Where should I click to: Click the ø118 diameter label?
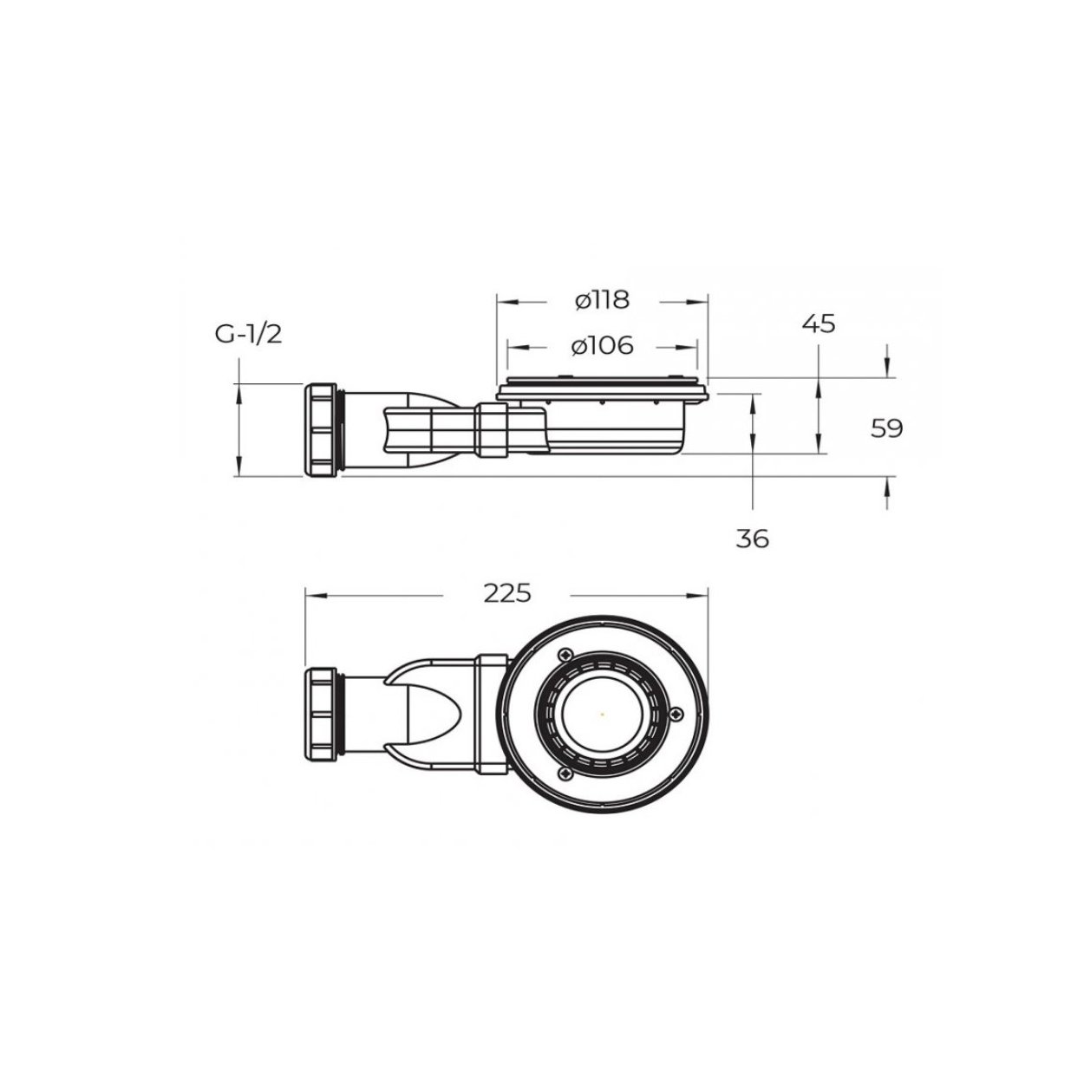602,300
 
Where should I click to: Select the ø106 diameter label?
602,345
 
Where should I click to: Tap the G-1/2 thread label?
248,334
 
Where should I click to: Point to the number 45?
819,324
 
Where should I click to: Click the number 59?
886,428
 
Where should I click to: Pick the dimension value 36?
753,539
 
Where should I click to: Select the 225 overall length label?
506,593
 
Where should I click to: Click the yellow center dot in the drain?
603,715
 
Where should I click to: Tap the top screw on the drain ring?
565,655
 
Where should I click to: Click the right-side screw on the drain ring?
676,715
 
